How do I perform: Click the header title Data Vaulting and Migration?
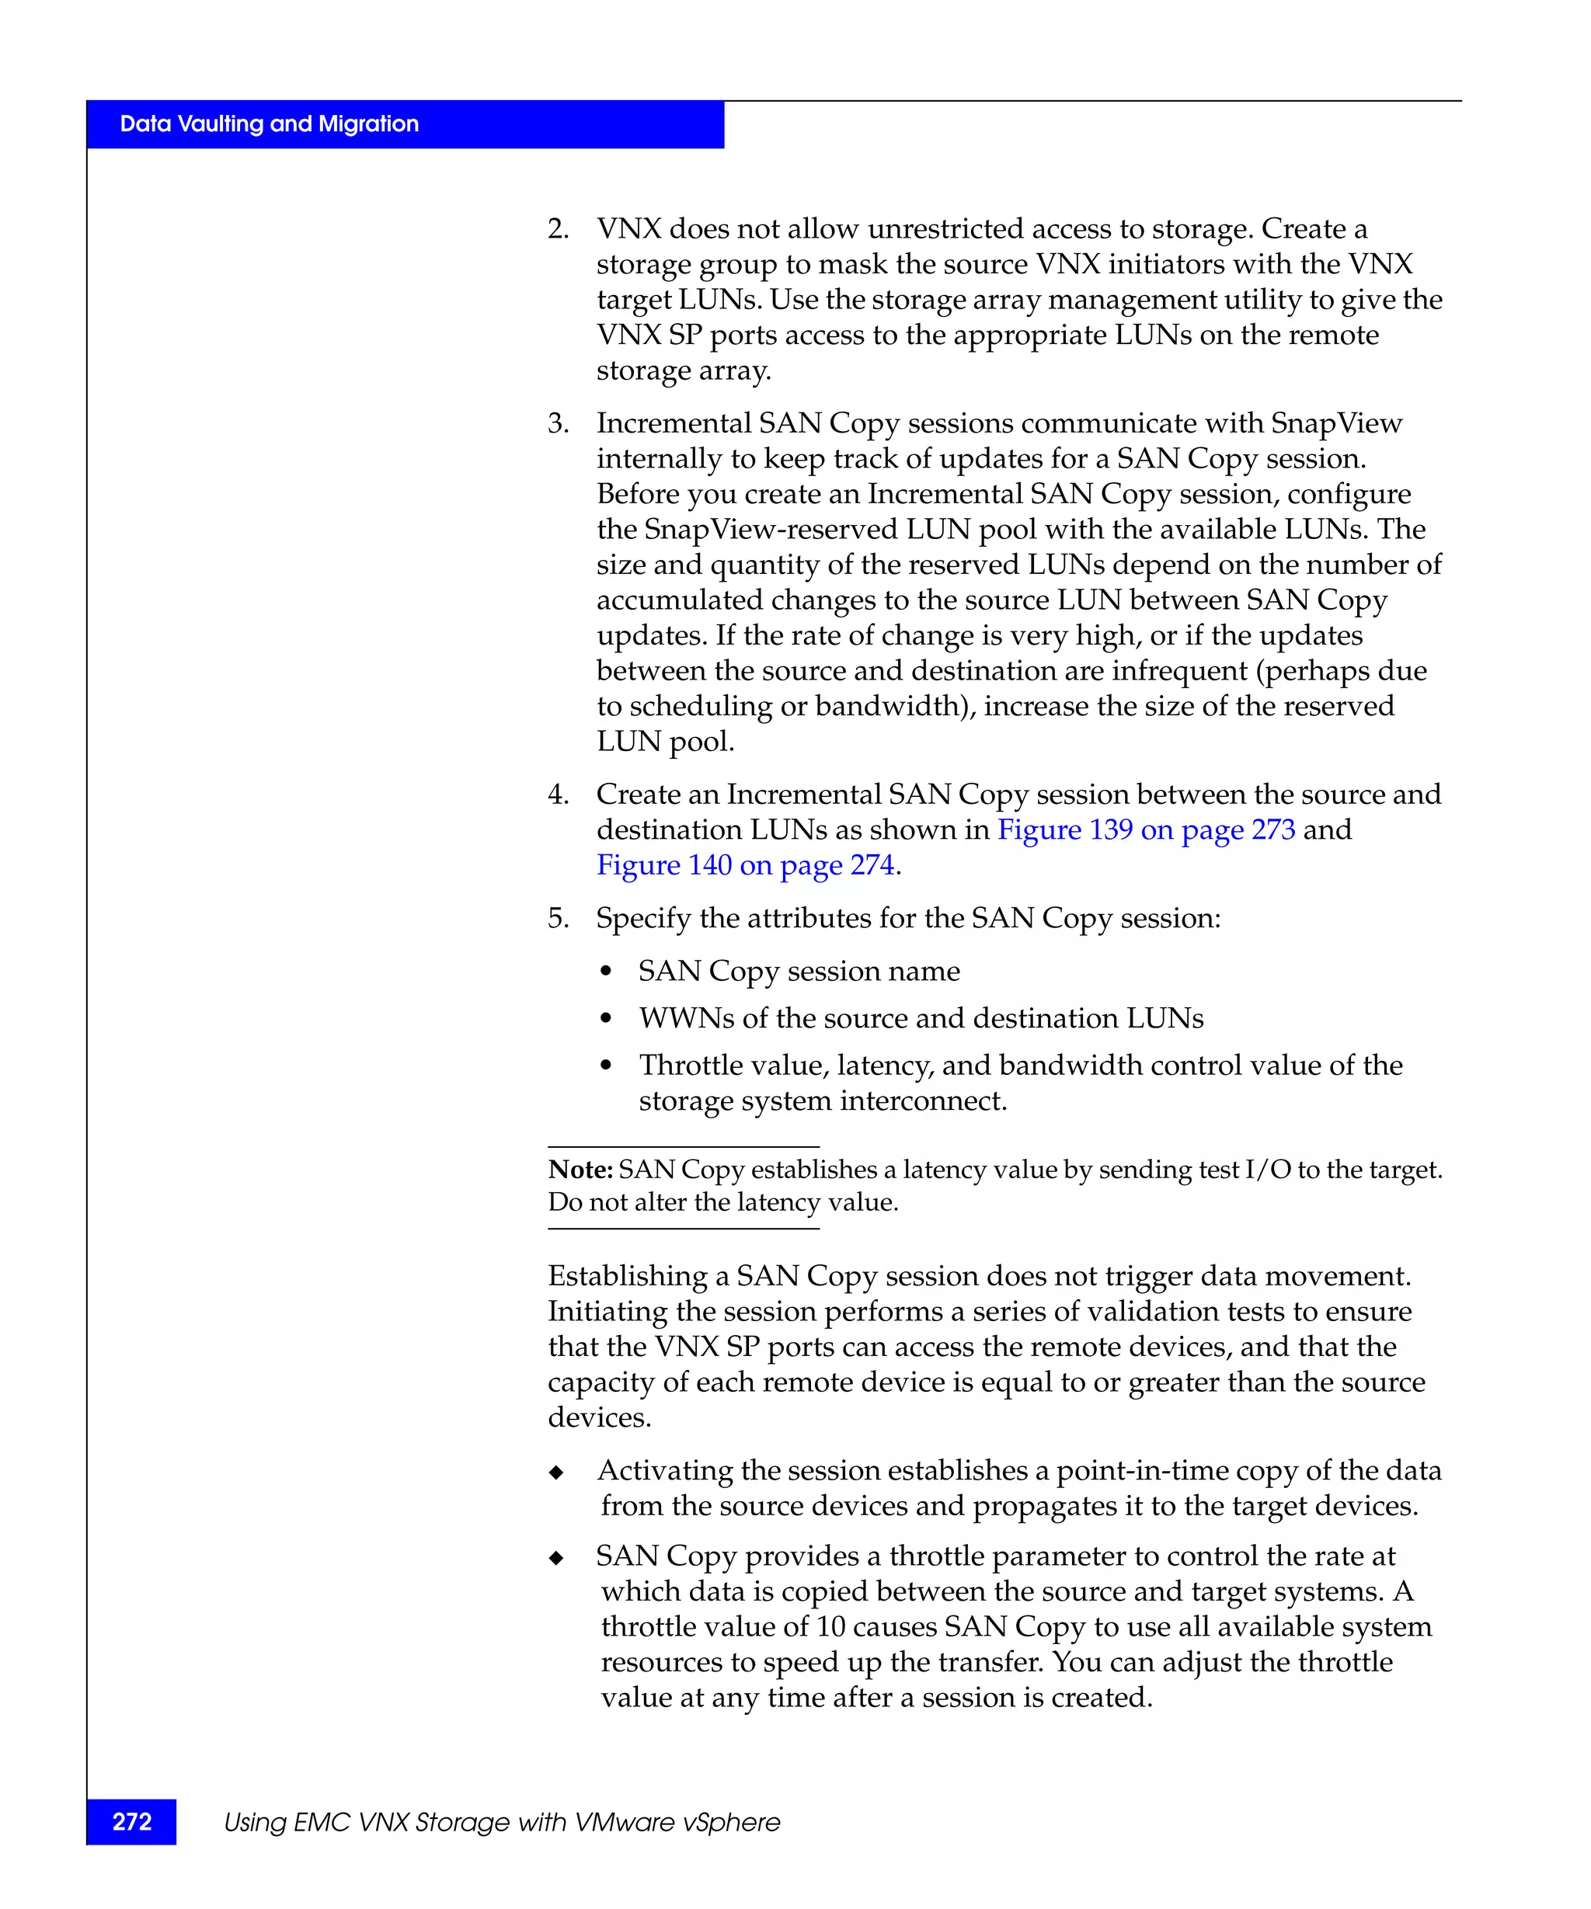269,123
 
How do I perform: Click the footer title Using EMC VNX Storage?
501,1822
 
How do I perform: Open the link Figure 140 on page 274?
746,864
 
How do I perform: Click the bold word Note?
580,1169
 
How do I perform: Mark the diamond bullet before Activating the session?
556,1473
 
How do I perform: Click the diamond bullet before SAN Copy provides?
556,1558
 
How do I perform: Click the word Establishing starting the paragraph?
627,1275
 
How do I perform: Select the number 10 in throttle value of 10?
831,1626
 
